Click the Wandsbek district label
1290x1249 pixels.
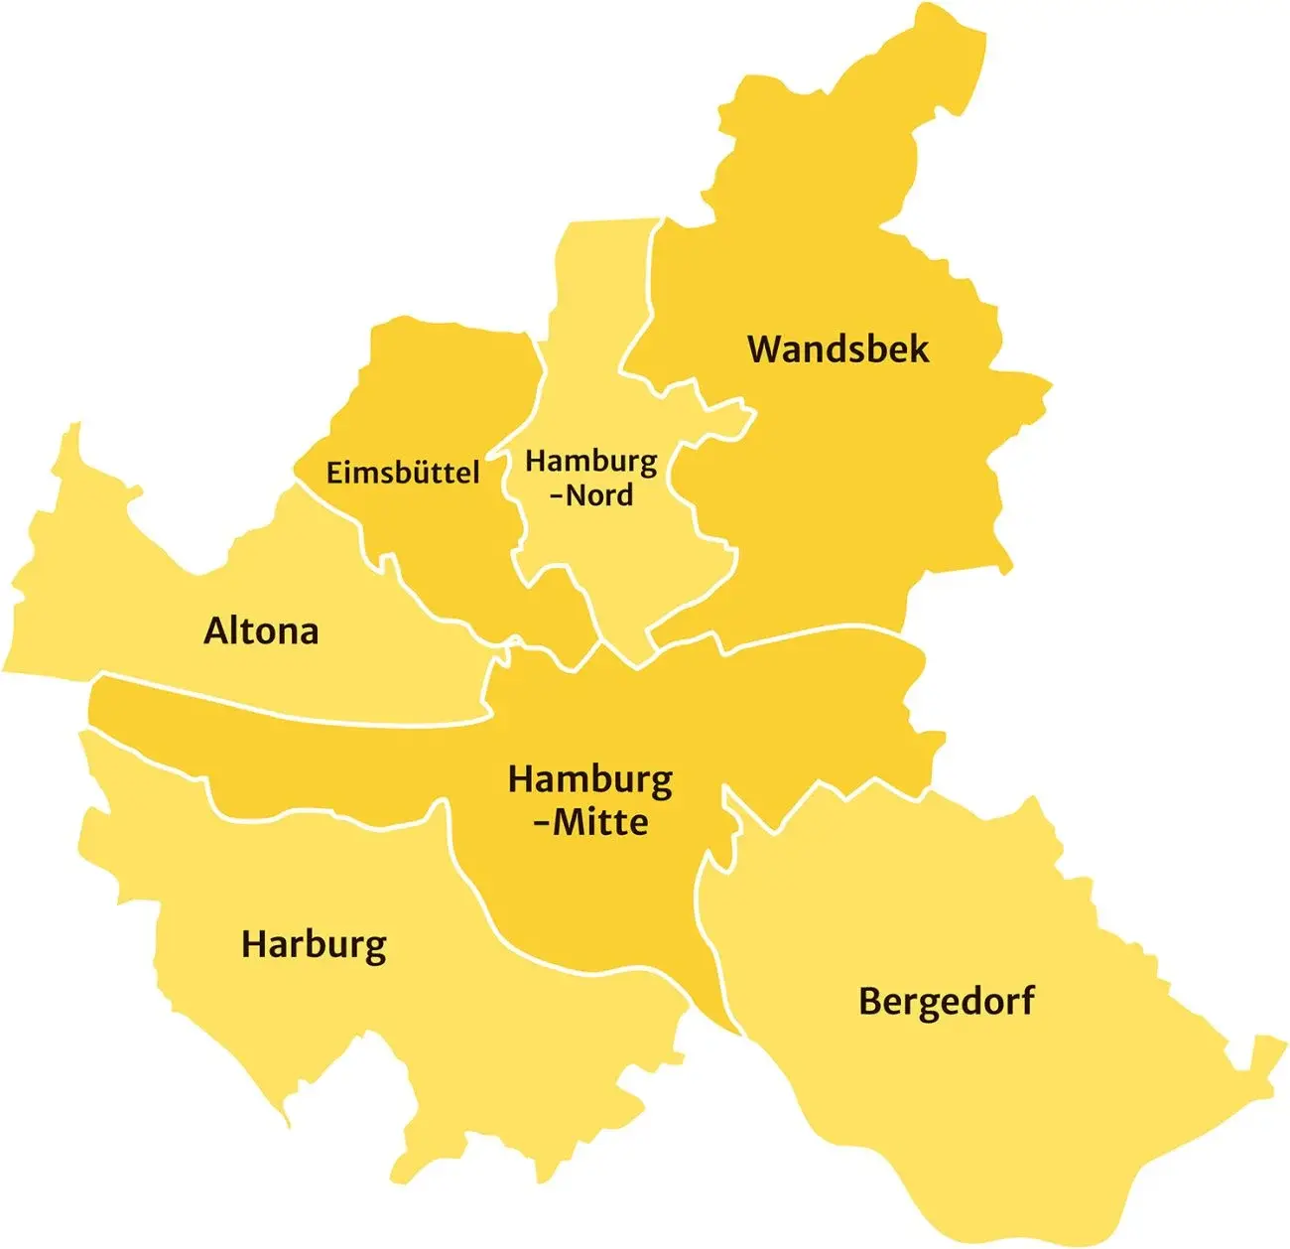click(x=838, y=349)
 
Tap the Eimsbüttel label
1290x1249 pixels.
click(x=403, y=473)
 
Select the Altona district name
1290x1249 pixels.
click(x=261, y=631)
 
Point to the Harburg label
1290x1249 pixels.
click(x=314, y=944)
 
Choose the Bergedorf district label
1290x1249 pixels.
click(x=946, y=1001)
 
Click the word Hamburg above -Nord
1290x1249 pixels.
click(x=590, y=462)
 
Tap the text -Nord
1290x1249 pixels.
click(x=590, y=494)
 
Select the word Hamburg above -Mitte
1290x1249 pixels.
click(x=589, y=780)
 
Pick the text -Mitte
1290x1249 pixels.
click(x=589, y=822)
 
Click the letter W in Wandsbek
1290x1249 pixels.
click(x=765, y=349)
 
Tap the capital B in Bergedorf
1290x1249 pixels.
click(x=869, y=1001)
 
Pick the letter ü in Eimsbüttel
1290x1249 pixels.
click(x=422, y=473)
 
